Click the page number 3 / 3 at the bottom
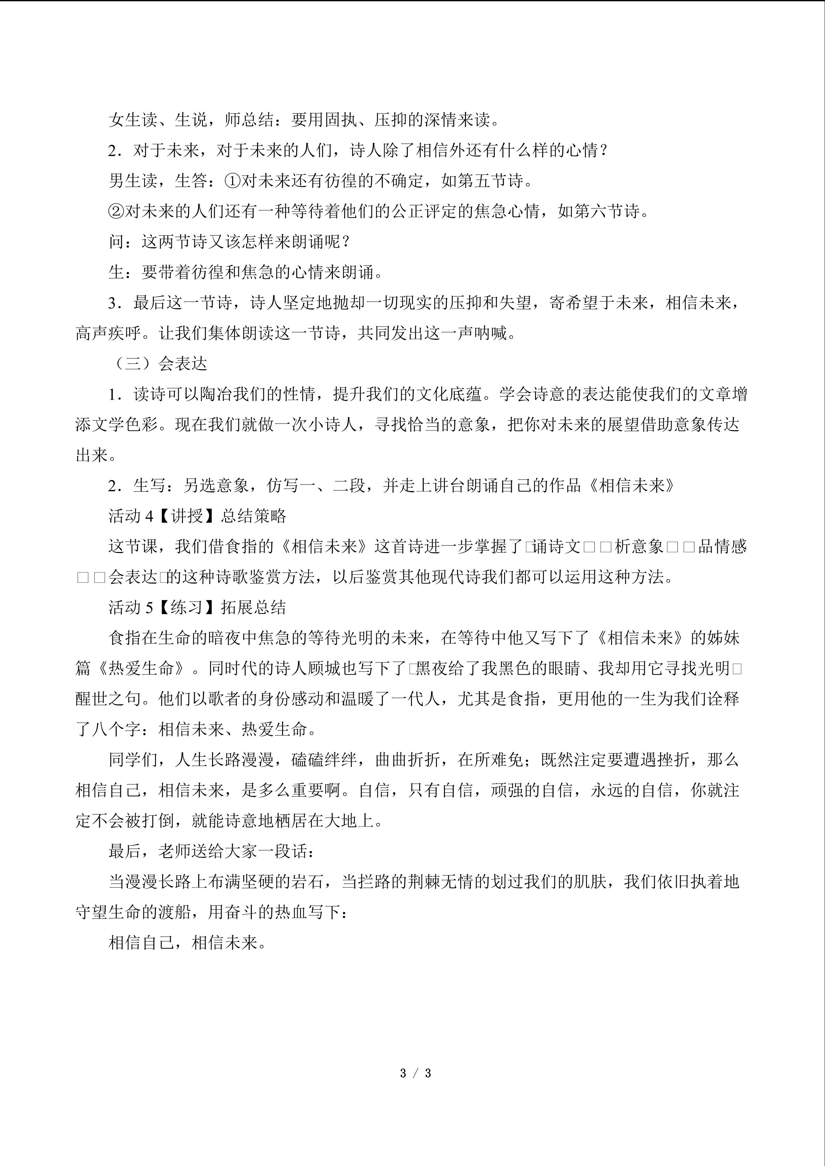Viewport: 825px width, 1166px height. point(415,1073)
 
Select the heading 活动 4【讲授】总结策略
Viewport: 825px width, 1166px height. point(197,516)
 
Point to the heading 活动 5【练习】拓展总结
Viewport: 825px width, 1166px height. point(197,607)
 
